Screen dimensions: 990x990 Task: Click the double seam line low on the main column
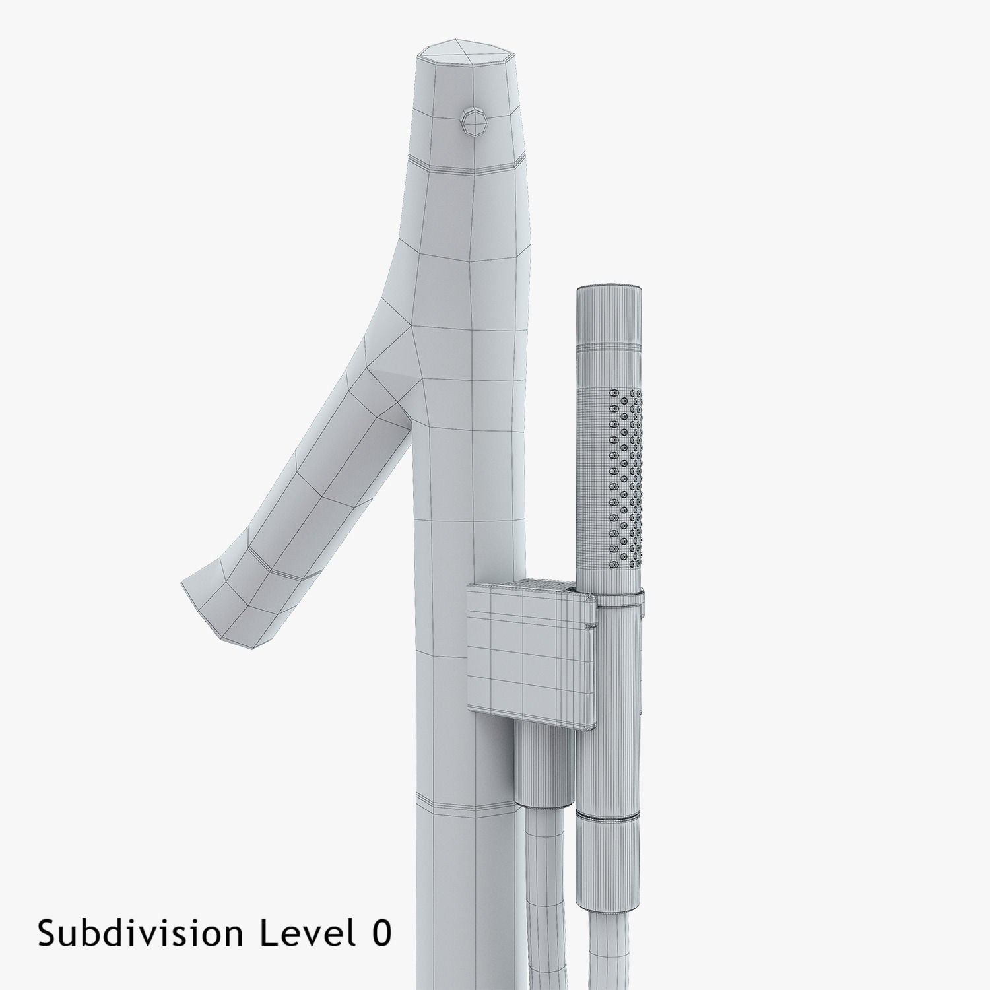pos(465,807)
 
